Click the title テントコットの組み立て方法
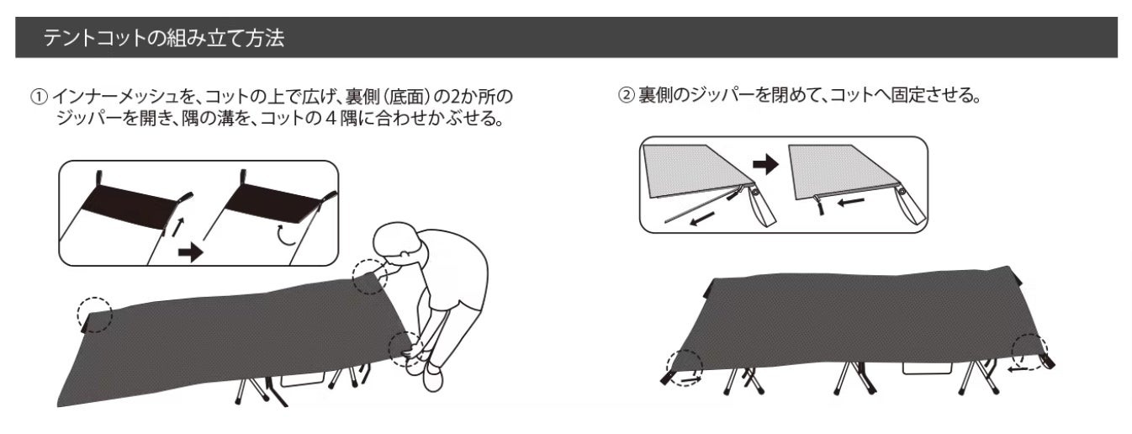click(164, 38)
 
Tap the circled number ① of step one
click(39, 97)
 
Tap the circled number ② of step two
click(627, 95)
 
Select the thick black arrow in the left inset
click(191, 252)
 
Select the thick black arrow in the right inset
click(765, 164)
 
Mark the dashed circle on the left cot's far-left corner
click(94, 315)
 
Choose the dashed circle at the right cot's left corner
click(685, 368)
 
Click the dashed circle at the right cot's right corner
click(1029, 352)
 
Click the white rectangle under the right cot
click(927, 368)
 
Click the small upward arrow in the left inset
click(177, 227)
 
